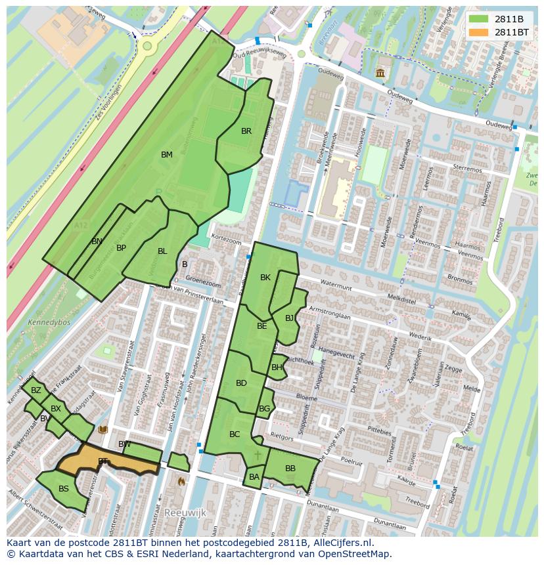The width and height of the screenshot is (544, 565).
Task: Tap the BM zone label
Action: point(167,155)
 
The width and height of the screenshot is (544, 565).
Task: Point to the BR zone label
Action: point(246,131)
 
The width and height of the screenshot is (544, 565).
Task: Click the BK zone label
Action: point(265,278)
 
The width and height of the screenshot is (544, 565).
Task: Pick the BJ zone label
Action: point(290,318)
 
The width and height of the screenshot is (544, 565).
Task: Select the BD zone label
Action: point(241,383)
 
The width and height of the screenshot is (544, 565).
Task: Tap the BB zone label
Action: point(290,469)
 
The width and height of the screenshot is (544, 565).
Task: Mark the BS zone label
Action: point(64,489)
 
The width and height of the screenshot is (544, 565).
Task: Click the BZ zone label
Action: point(36,390)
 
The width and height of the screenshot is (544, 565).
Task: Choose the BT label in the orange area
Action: point(102,461)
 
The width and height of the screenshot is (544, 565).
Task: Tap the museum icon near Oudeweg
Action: point(380,73)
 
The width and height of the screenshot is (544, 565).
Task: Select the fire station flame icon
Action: point(181,481)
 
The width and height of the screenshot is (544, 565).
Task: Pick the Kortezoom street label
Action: point(227,241)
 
